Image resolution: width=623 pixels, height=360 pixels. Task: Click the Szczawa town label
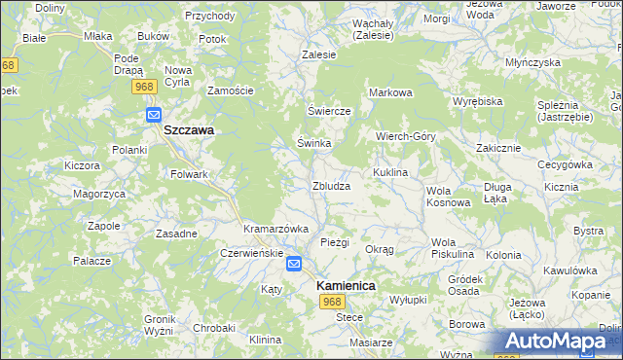tap(189, 129)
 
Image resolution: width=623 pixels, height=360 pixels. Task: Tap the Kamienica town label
tap(346, 286)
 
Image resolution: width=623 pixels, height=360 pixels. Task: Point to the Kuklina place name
tap(388, 172)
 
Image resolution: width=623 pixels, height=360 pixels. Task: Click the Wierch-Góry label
tap(406, 136)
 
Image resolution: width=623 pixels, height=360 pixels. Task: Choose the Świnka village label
tap(314, 143)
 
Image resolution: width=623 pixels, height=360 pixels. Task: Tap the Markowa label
tap(390, 92)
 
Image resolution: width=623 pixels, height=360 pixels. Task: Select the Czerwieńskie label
tap(251, 252)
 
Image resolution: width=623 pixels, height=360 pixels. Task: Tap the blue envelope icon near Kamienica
tap(294, 263)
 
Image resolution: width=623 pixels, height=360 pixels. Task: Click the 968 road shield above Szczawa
tap(144, 88)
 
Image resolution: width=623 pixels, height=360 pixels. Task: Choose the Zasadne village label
tap(177, 234)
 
